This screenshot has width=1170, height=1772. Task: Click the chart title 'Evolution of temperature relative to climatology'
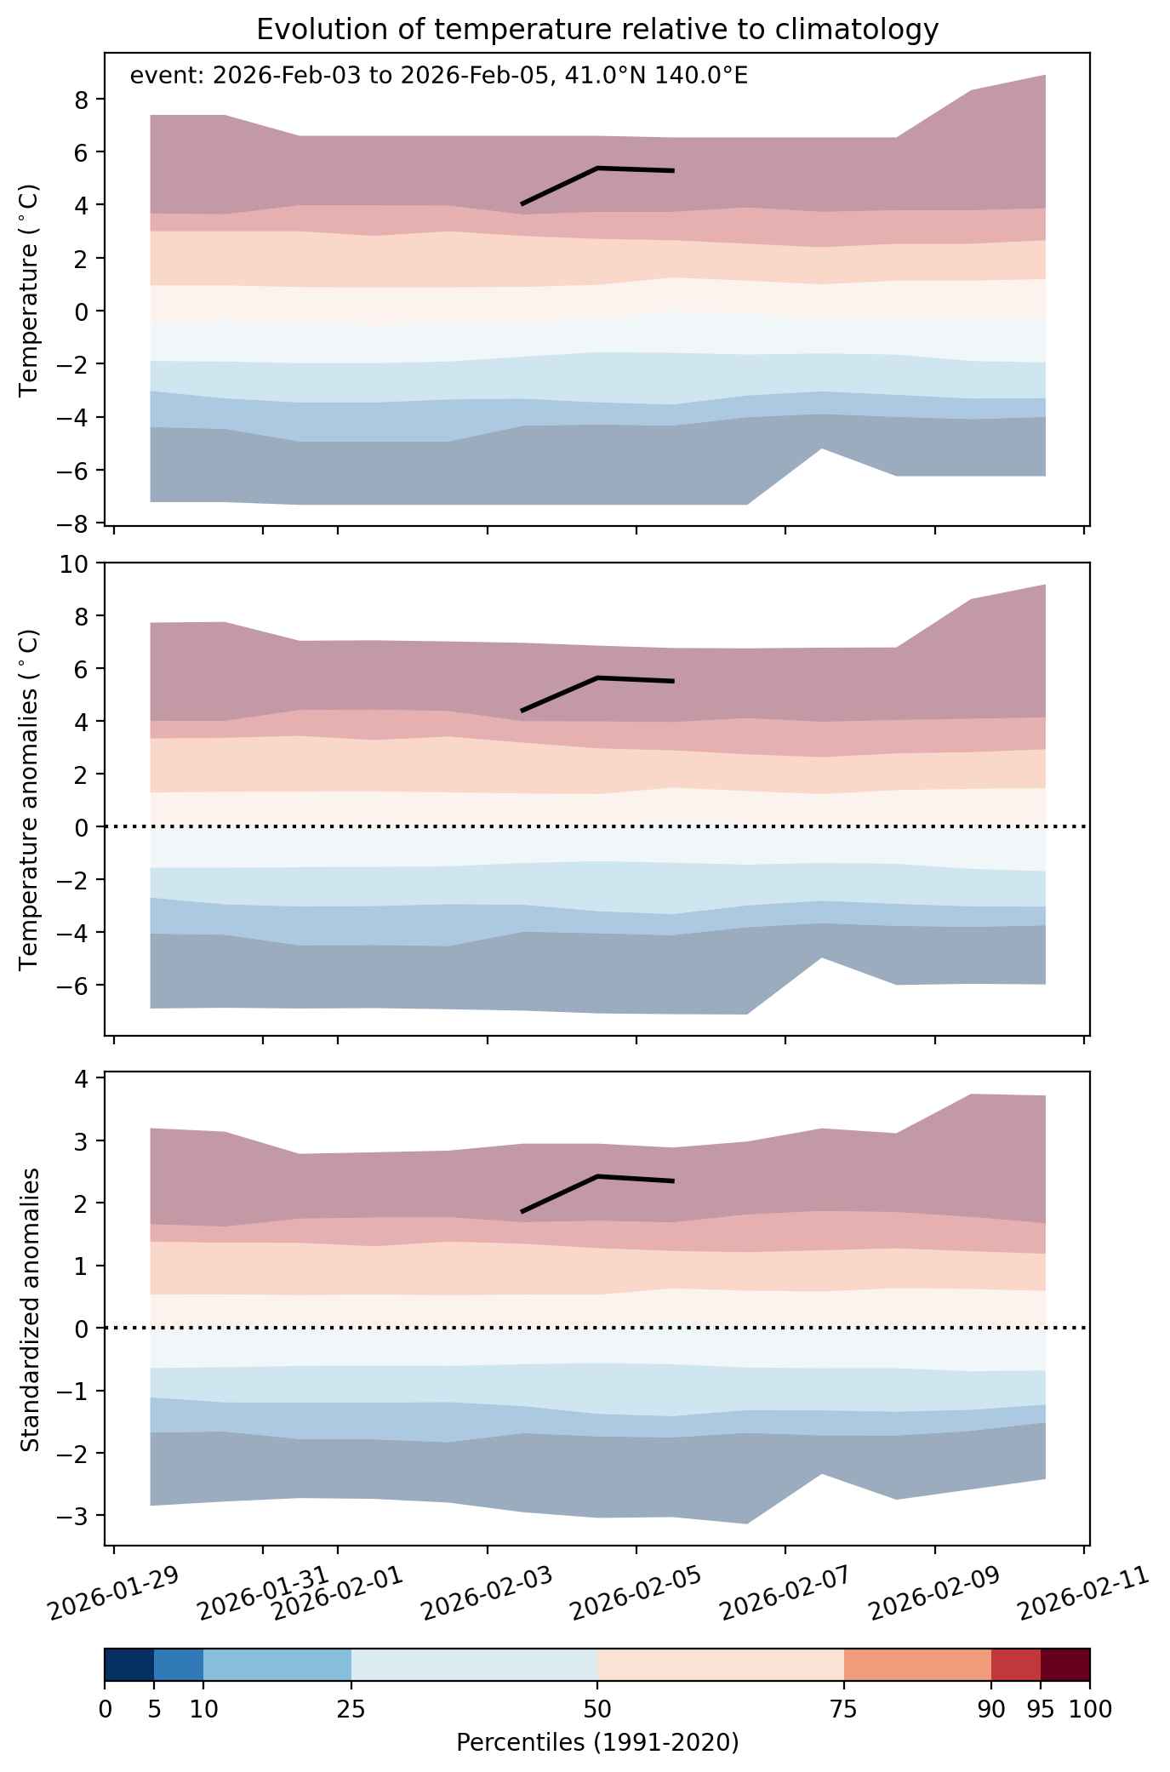(597, 30)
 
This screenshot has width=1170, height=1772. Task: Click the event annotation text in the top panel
(439, 77)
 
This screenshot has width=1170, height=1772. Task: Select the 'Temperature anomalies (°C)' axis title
(30, 799)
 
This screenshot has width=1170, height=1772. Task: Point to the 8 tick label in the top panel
(83, 100)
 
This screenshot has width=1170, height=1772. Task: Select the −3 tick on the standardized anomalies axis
(77, 1516)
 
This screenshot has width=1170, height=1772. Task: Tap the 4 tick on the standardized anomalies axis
(83, 1078)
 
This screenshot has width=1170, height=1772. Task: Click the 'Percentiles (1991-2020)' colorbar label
(597, 1742)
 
